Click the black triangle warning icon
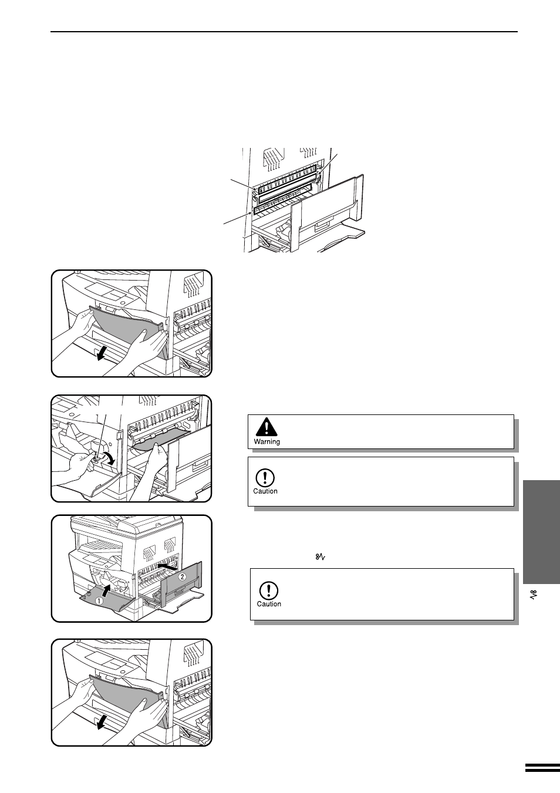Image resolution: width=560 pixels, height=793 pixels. [x=266, y=427]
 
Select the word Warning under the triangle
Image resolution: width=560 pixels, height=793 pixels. [x=267, y=442]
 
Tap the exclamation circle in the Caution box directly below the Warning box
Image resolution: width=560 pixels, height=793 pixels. [x=265, y=478]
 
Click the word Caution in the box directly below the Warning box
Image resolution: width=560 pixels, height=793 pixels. [x=265, y=491]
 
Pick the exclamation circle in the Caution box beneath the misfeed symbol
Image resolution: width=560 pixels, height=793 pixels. [x=269, y=590]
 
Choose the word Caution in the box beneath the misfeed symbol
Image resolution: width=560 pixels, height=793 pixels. [x=269, y=604]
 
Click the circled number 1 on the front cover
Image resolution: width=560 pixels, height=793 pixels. [x=99, y=600]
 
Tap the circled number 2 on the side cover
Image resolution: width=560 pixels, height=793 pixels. [x=182, y=576]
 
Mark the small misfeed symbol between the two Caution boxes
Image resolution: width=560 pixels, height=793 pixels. [x=321, y=557]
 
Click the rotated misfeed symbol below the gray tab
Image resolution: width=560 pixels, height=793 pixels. [x=535, y=595]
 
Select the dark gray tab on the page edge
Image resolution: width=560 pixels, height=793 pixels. [x=541, y=532]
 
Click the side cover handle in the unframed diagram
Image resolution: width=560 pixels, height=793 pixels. [x=323, y=225]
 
